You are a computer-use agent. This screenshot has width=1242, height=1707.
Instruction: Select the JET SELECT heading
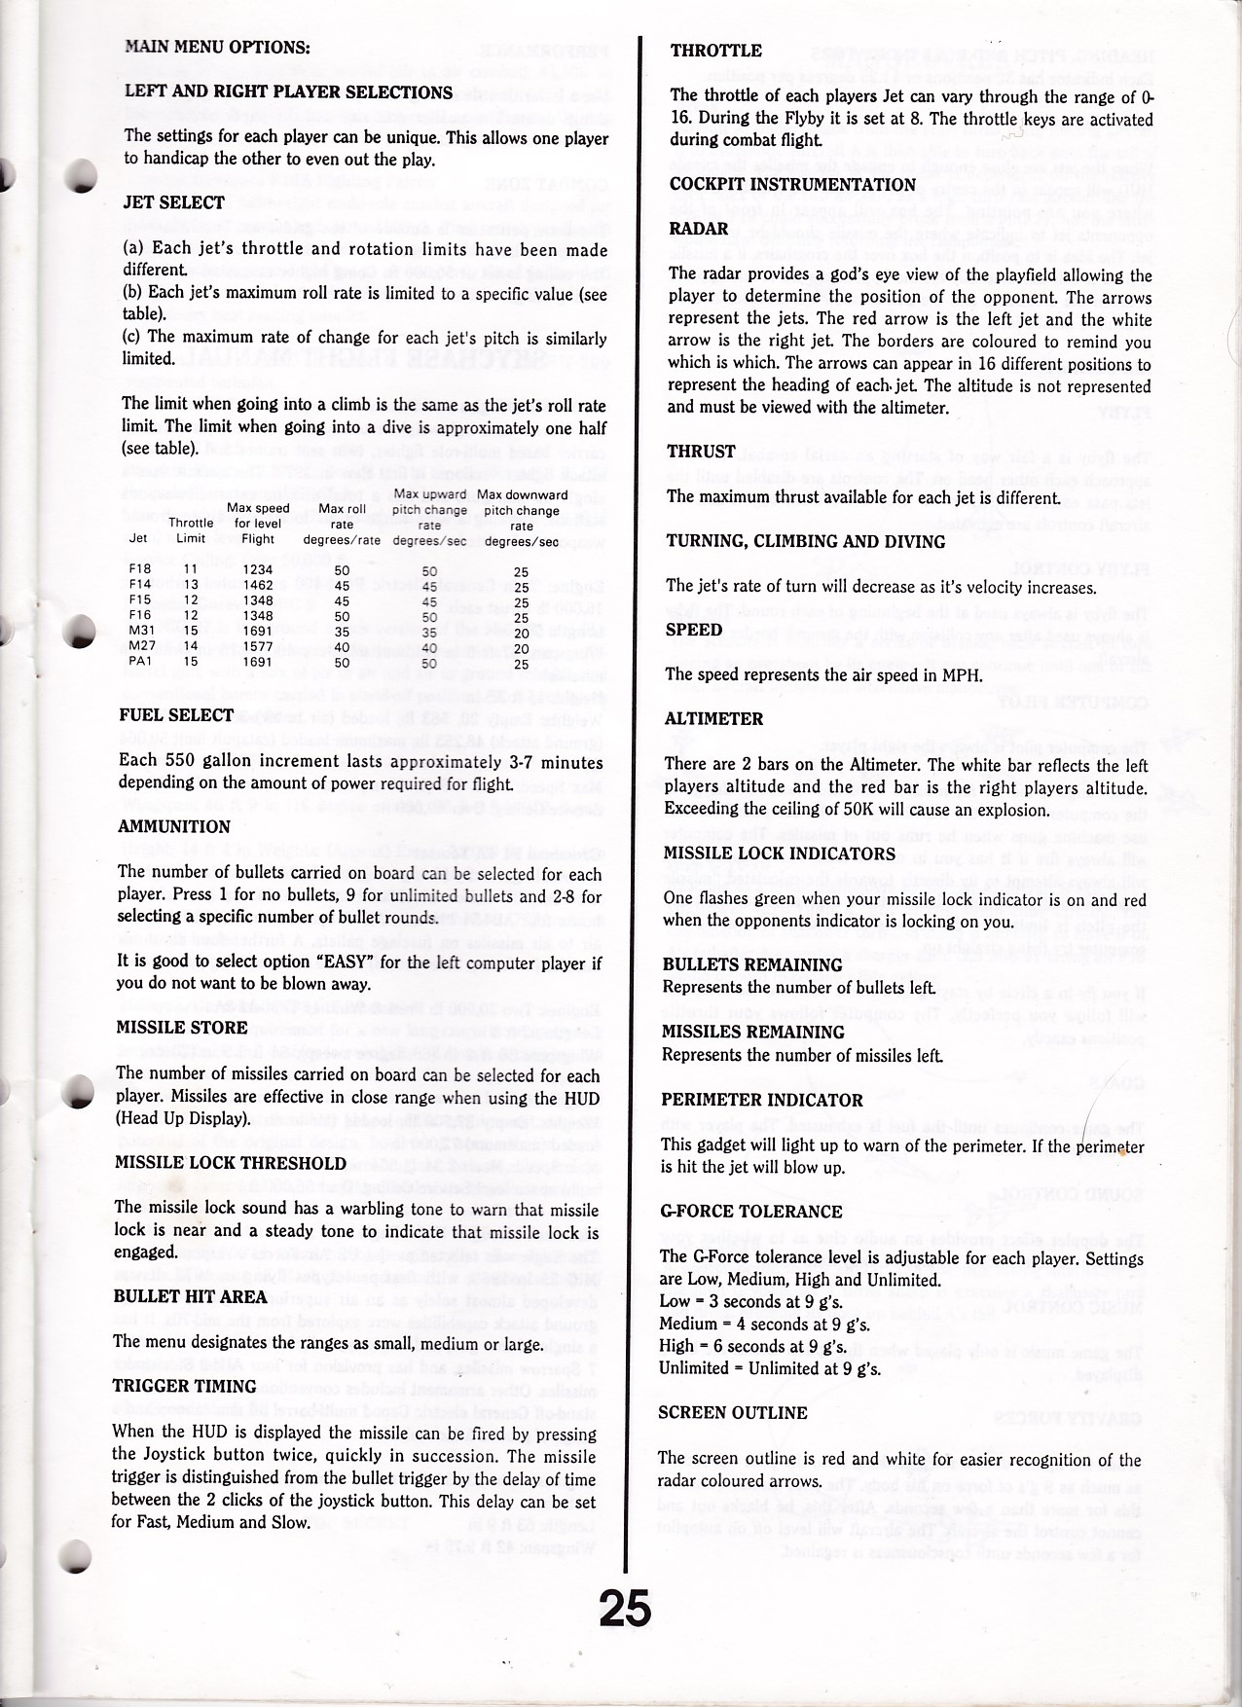pos(174,203)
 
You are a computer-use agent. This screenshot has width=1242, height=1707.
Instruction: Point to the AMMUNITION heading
pos(174,827)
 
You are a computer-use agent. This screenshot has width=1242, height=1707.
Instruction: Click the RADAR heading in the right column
pos(699,229)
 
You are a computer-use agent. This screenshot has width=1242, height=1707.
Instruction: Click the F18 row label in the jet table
pos(139,571)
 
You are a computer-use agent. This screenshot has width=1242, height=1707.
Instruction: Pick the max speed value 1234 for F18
pos(257,571)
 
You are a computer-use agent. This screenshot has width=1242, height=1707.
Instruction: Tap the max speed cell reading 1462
pos(257,586)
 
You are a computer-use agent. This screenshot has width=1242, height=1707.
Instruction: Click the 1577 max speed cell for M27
pos(257,647)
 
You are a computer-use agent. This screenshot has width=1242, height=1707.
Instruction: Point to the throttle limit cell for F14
pos(190,586)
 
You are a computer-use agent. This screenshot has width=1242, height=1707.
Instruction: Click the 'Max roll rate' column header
pos(342,524)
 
